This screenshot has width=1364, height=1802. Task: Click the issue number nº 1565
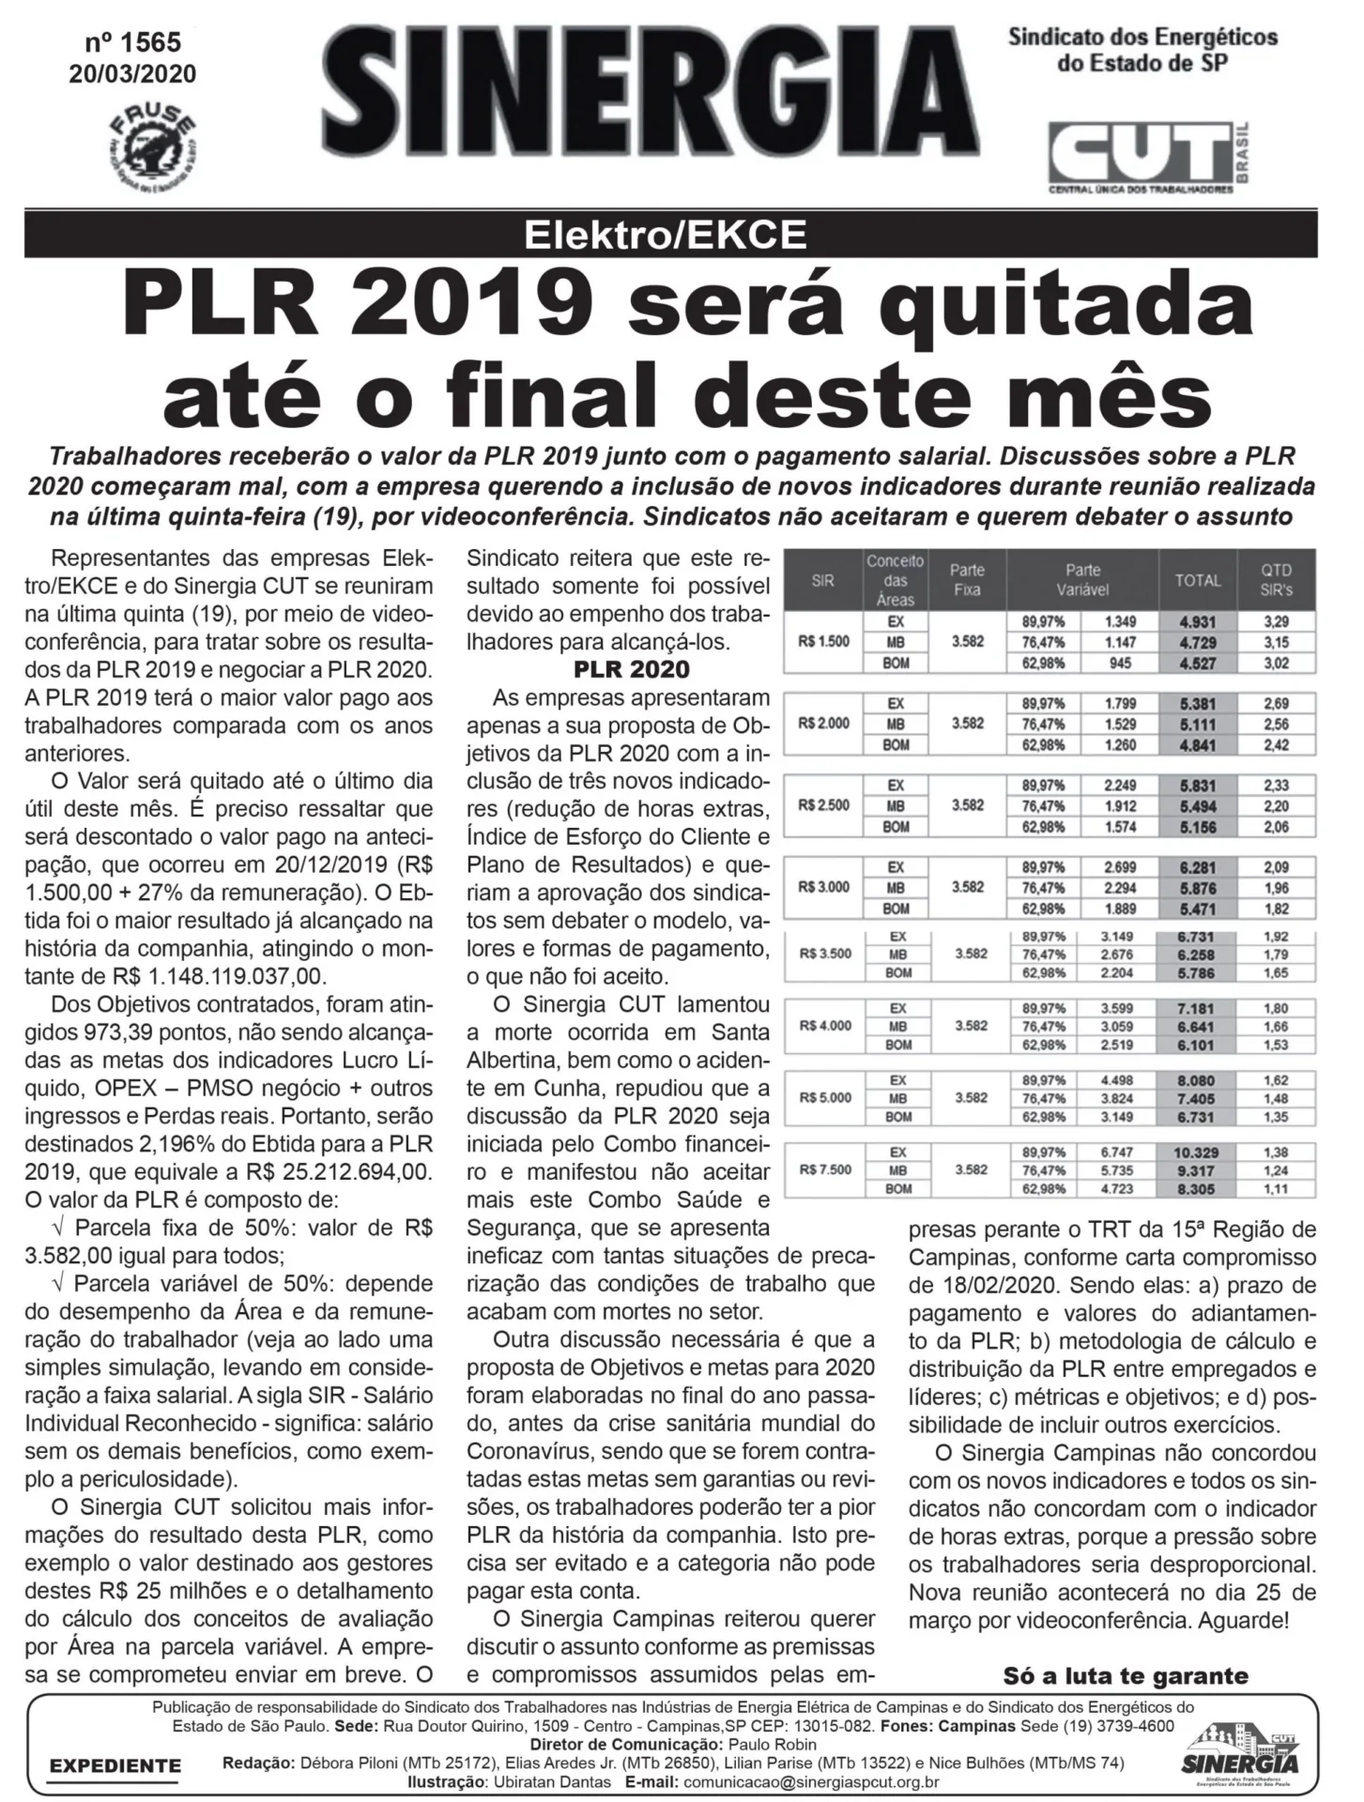(x=132, y=43)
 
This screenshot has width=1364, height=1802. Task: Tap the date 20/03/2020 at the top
(x=132, y=74)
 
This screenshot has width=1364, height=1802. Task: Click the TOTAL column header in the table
(x=1197, y=581)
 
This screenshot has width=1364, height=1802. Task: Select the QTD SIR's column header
(x=1276, y=581)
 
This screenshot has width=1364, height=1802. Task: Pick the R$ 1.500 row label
(x=823, y=642)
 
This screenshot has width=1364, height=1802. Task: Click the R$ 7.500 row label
(x=825, y=1169)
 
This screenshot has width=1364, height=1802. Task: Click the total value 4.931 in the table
(x=1197, y=621)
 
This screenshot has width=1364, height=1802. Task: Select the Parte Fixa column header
(x=967, y=580)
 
